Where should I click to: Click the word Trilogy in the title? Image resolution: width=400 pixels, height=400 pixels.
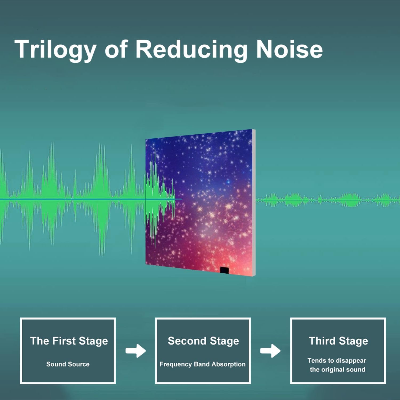55,50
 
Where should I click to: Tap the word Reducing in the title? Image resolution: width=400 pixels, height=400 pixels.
191,50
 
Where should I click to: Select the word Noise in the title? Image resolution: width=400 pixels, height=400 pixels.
290,49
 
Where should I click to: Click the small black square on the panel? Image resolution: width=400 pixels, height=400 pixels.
225,270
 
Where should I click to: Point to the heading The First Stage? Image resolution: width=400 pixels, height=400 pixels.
69,341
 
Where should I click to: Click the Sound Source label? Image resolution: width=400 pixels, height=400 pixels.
68,364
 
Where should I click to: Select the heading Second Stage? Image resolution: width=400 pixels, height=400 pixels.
203,341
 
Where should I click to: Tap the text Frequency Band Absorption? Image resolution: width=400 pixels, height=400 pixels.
203,364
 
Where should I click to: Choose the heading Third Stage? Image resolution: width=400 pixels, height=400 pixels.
338,341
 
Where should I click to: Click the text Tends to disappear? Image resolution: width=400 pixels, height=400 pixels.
337,361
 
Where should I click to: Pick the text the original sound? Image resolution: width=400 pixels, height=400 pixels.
338,370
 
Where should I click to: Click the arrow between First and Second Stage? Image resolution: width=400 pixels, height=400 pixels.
136,351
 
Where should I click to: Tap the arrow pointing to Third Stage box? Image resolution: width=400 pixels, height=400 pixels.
270,351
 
